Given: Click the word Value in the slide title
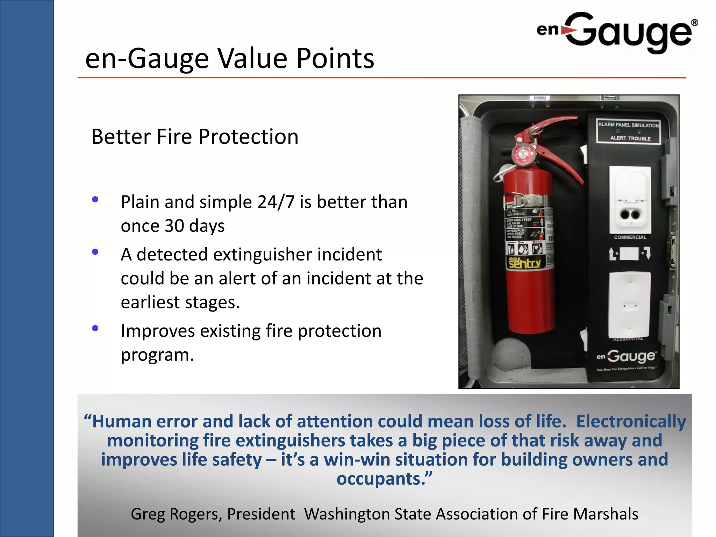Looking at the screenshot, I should click(253, 58).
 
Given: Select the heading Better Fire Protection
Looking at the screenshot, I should click(195, 137).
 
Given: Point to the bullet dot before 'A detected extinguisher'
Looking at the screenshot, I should click(95, 252).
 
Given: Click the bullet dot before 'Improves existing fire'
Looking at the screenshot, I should click(95, 328).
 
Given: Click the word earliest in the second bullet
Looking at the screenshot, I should click(150, 302).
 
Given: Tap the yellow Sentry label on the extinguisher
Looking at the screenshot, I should click(524, 263).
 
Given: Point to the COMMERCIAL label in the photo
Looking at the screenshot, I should click(630, 237).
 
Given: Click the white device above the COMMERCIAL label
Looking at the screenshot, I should click(630, 199).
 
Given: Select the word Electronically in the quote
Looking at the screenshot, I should click(631, 421).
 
